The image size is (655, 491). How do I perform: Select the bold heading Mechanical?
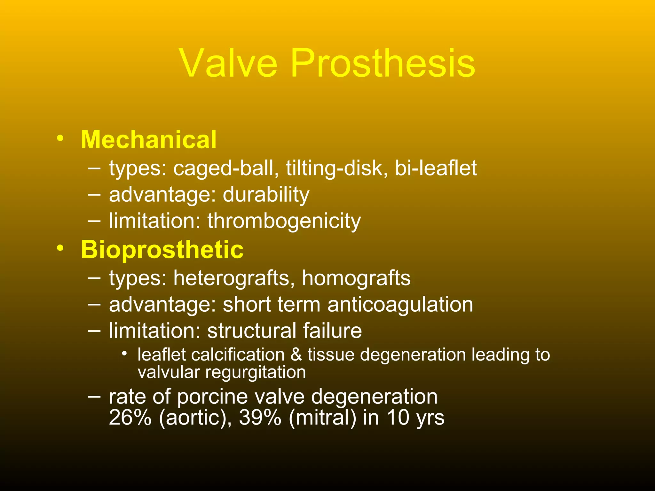149,140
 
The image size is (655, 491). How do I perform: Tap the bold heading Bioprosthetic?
162,250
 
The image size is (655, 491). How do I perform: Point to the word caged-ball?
226,168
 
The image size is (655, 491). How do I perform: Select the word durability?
266,195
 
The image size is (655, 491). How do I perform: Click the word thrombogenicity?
284,221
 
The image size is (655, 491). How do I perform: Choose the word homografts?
356,278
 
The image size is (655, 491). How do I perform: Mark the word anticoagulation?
400,304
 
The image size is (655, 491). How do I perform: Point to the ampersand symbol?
296,355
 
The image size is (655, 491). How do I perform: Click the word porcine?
212,397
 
